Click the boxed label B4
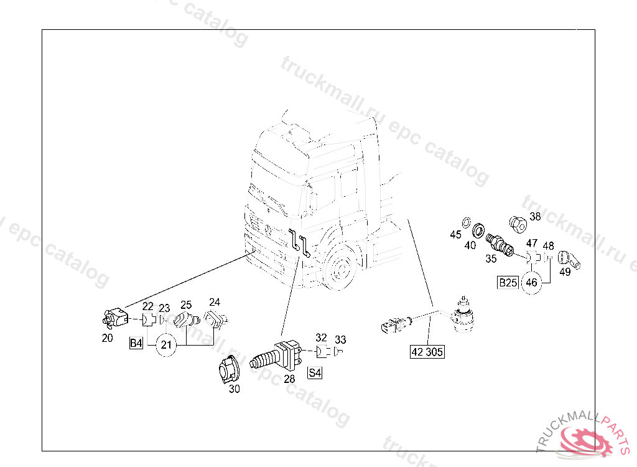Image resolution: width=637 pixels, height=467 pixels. [x=136, y=343]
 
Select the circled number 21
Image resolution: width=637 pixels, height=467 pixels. [x=165, y=344]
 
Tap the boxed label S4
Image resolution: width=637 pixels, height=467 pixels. [x=315, y=373]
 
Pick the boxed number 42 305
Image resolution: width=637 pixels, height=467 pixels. [x=427, y=352]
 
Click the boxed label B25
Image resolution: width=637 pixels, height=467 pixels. [x=508, y=283]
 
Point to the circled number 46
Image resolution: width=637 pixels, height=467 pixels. [x=531, y=282]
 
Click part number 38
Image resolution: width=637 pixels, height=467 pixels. [x=535, y=217]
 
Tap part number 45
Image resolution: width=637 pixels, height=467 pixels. [x=456, y=234]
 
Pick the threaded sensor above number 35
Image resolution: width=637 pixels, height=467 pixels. [x=500, y=243]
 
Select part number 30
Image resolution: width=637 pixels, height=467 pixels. [x=234, y=389]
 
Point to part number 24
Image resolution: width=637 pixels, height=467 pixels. [x=214, y=302]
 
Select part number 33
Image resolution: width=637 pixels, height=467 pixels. [x=340, y=339]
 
